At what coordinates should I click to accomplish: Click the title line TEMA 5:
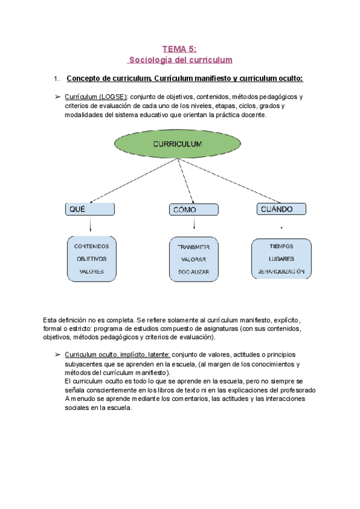click(180, 49)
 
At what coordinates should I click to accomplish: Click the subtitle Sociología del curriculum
click(180, 60)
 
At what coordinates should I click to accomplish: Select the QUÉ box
click(90, 209)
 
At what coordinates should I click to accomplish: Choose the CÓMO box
click(193, 209)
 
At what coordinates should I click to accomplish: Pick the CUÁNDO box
click(281, 209)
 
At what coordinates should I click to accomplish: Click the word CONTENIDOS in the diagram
click(91, 246)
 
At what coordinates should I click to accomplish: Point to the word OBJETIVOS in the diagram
click(91, 259)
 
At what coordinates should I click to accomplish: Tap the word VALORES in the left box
click(91, 271)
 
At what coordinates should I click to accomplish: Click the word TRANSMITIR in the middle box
click(193, 247)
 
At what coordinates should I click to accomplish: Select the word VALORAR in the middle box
click(193, 259)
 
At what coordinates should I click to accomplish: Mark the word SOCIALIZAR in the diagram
click(193, 272)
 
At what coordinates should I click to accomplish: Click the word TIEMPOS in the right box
click(281, 246)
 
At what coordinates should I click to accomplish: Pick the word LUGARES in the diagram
click(281, 259)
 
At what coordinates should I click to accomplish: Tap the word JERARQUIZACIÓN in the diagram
click(281, 271)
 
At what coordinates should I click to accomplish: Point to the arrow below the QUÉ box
click(90, 225)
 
